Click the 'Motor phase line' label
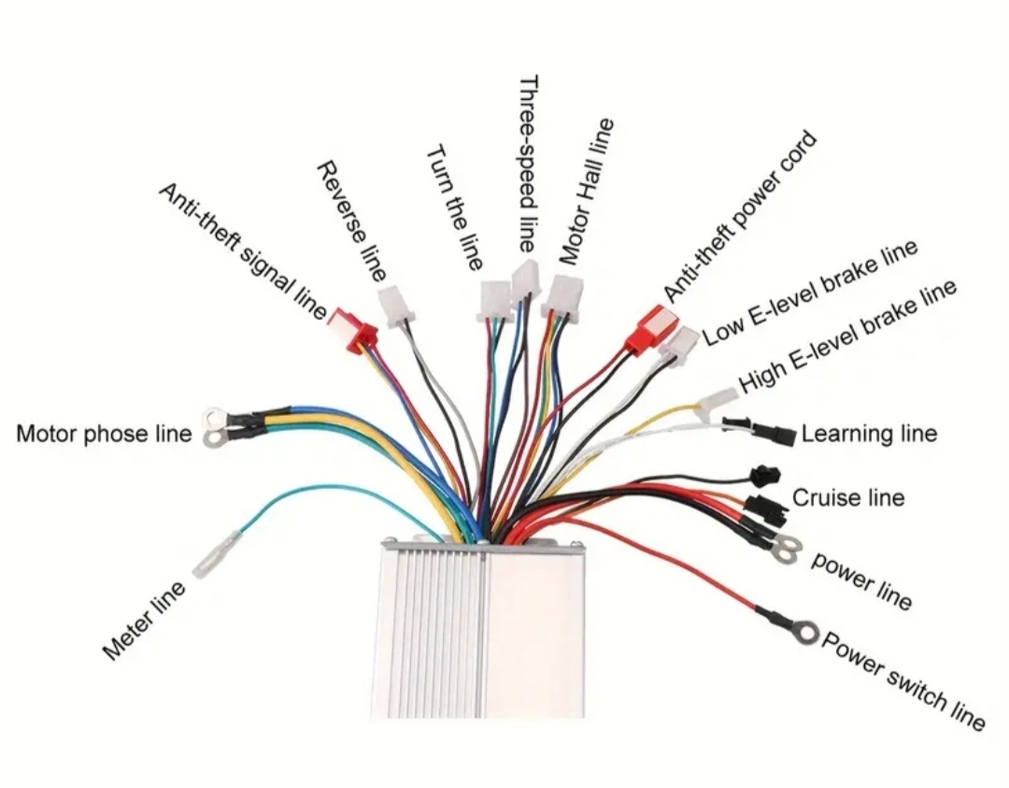(x=104, y=434)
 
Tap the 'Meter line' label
(x=144, y=621)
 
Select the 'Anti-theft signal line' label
(x=243, y=251)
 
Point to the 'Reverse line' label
(x=352, y=221)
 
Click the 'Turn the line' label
(x=454, y=208)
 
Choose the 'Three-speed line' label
(x=528, y=164)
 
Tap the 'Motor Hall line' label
(x=586, y=192)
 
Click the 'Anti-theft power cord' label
(x=740, y=217)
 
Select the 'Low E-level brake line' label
(x=809, y=294)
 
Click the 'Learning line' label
(x=869, y=434)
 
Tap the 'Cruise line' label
(x=848, y=497)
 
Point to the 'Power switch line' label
(x=902, y=681)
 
